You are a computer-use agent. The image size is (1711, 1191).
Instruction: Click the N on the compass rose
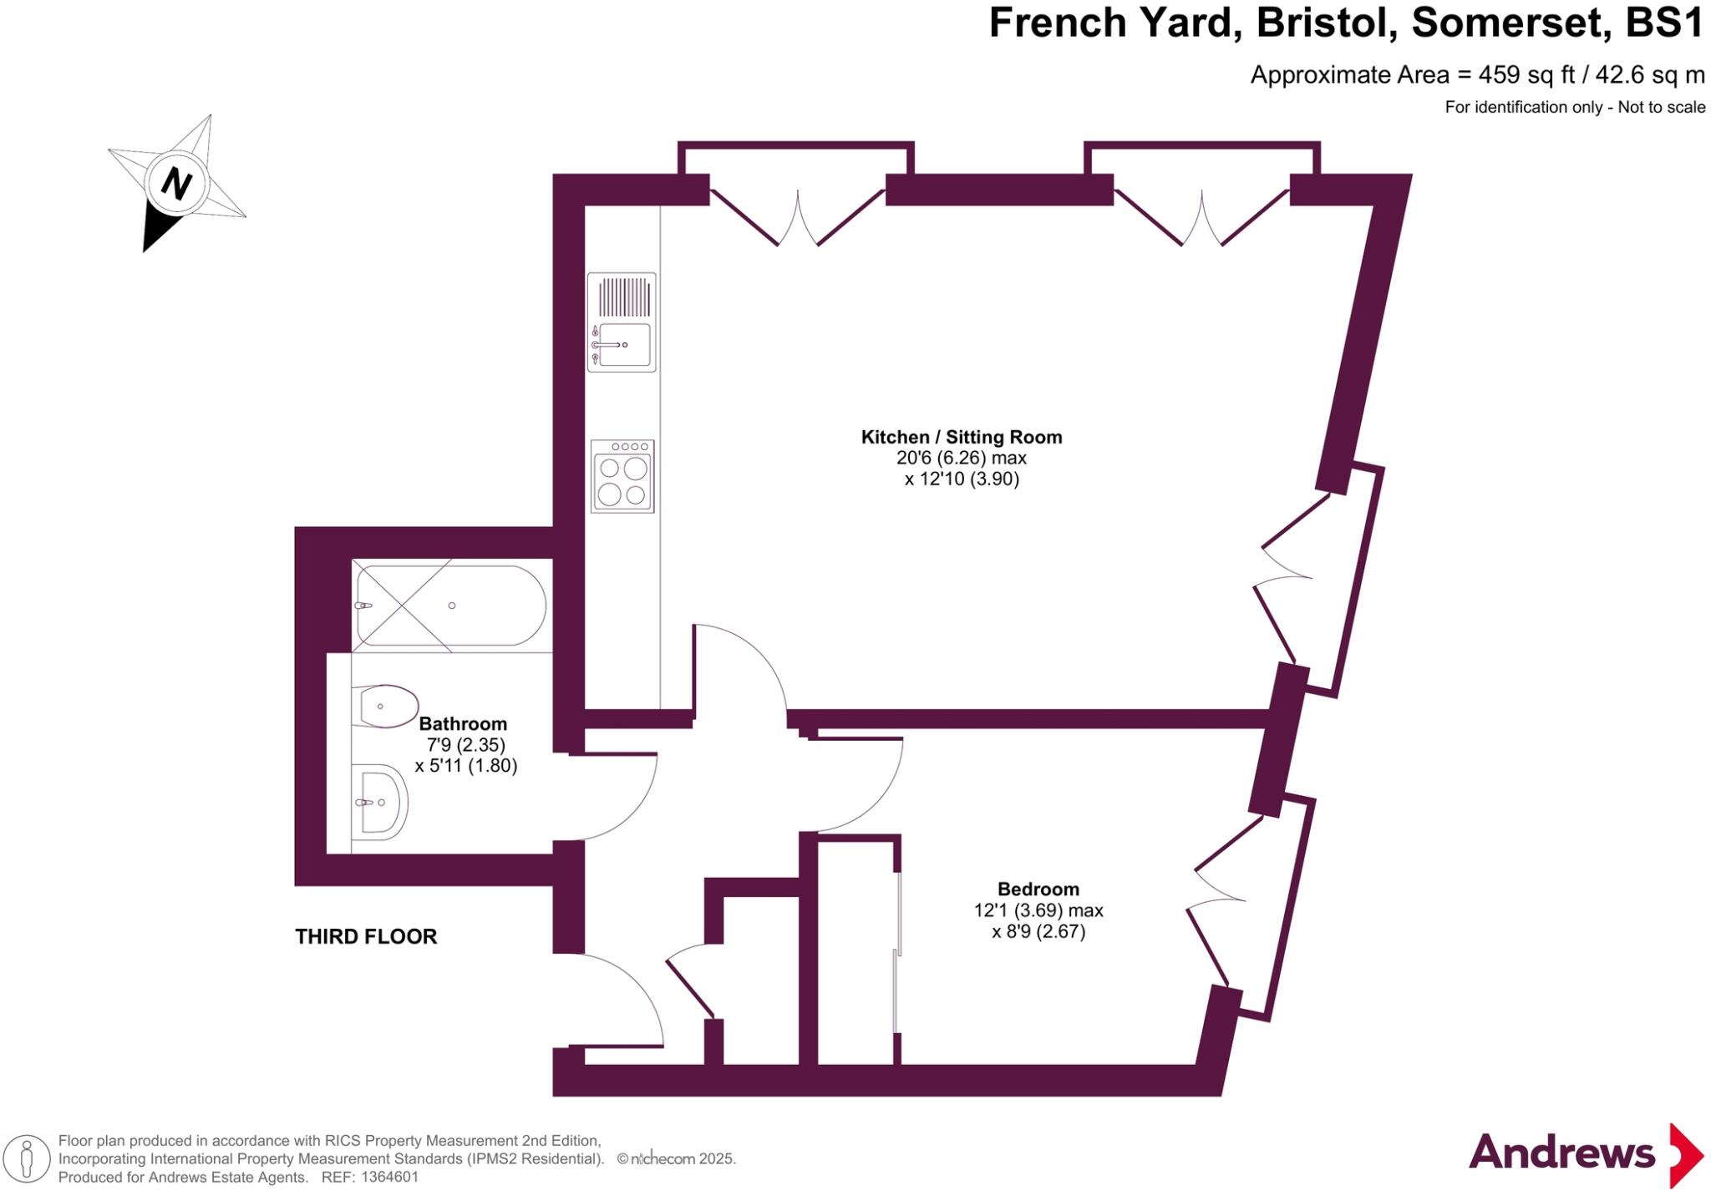coord(175,182)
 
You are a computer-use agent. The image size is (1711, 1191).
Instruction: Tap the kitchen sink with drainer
coord(622,322)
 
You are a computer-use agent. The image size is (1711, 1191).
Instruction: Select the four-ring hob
coord(622,476)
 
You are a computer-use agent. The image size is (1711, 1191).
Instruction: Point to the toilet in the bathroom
coord(386,707)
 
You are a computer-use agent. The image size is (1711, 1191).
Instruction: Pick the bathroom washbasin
coord(380,803)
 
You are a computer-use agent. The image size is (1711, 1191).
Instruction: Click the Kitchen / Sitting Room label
coord(962,437)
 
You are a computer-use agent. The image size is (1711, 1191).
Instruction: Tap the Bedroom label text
coord(1038,889)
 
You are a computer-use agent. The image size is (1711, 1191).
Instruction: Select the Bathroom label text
coord(463,723)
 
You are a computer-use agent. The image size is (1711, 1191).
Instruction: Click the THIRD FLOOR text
coord(366,936)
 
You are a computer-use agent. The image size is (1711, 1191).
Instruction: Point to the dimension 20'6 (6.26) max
coord(961,458)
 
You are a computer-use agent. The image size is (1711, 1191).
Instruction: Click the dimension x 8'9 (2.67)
coord(1038,931)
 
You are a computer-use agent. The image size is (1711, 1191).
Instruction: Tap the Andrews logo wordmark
coord(1561,1153)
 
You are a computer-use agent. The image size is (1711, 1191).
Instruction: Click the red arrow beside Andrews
coord(1686,1155)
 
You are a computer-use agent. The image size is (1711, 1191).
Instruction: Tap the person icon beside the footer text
coord(27,1159)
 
